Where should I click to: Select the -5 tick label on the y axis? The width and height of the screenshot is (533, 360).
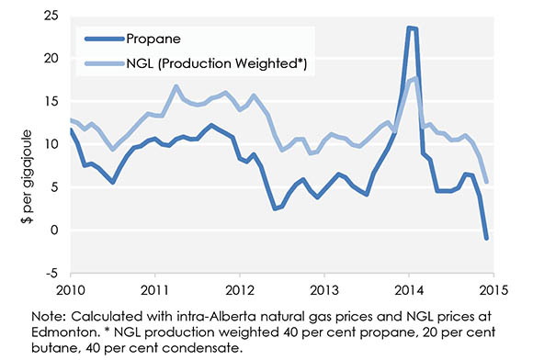point(55,273)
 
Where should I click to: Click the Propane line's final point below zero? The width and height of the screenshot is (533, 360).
point(486,238)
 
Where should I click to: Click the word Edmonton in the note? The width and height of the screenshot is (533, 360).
point(64,332)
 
